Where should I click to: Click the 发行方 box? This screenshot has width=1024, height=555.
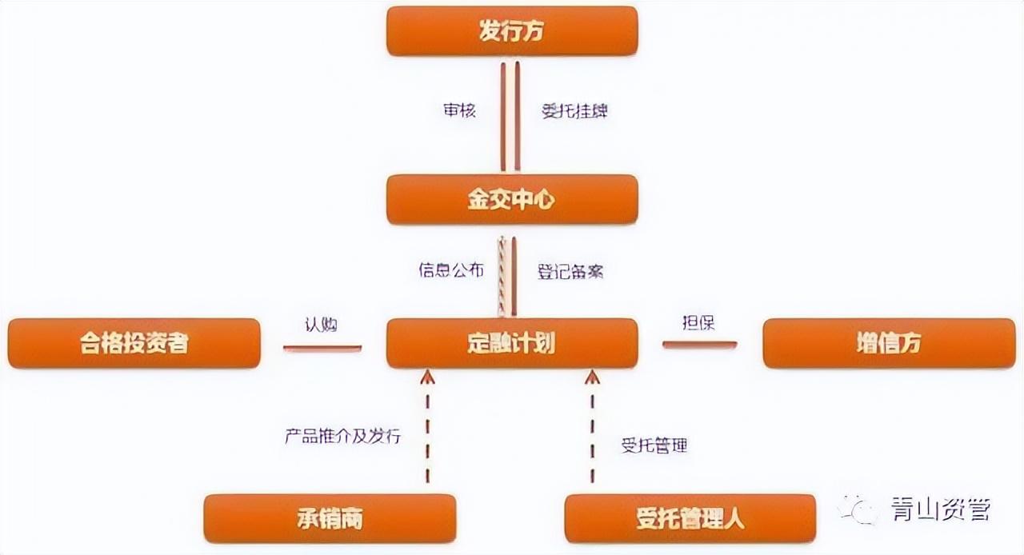pyautogui.click(x=512, y=31)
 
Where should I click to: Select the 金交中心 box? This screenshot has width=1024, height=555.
pyautogui.click(x=512, y=199)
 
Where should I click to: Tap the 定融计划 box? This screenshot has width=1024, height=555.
pyautogui.click(x=512, y=343)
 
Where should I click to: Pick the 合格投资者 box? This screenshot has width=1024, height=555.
pyautogui.click(x=134, y=343)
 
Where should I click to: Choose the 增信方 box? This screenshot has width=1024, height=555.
pyautogui.click(x=889, y=343)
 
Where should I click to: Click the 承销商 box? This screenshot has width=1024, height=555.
pyautogui.click(x=330, y=518)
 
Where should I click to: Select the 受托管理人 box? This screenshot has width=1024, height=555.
pyautogui.click(x=690, y=518)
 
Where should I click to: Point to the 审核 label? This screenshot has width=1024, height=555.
pyautogui.click(x=459, y=110)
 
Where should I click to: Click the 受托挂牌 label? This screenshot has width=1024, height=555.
pyautogui.click(x=574, y=111)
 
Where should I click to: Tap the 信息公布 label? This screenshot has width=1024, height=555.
pyautogui.click(x=451, y=270)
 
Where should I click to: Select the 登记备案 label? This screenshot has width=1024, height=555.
pyautogui.click(x=570, y=272)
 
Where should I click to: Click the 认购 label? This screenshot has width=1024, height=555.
pyautogui.click(x=321, y=325)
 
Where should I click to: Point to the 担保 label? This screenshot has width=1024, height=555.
pyautogui.click(x=698, y=323)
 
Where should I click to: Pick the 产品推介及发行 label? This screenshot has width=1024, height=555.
pyautogui.click(x=343, y=436)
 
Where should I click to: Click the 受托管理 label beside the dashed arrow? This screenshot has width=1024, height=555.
pyautogui.click(x=654, y=445)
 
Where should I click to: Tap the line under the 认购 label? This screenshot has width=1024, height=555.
pyautogui.click(x=322, y=349)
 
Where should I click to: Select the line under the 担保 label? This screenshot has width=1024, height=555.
pyautogui.click(x=700, y=345)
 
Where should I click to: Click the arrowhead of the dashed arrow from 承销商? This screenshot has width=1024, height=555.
pyautogui.click(x=427, y=377)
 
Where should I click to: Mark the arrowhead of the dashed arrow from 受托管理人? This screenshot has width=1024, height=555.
pyautogui.click(x=593, y=377)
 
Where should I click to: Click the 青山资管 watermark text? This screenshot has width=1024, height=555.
pyautogui.click(x=941, y=509)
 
